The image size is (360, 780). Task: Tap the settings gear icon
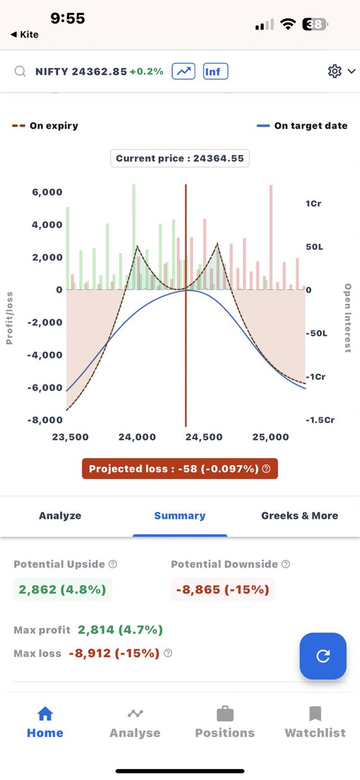[x=335, y=71]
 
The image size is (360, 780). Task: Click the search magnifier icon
[x=20, y=71]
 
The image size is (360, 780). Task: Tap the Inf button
[x=216, y=71]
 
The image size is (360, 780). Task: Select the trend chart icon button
[x=183, y=71]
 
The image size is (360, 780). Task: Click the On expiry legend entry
[x=45, y=125]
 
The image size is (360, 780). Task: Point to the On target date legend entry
[x=302, y=125]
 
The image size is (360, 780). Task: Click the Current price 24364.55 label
[x=179, y=159]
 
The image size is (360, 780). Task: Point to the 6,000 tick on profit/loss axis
[x=47, y=192]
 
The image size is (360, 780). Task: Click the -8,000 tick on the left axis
[x=45, y=420]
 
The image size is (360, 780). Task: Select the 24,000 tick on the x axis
[x=137, y=437]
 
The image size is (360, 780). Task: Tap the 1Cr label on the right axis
[x=313, y=203]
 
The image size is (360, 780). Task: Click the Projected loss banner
[x=179, y=469]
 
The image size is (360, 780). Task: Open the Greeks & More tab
[x=300, y=515]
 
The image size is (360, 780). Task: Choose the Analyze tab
[x=60, y=515]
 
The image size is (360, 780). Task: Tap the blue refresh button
[x=323, y=656]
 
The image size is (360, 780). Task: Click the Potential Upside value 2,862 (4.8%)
[x=62, y=590]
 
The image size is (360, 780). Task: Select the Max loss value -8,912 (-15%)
[x=114, y=653]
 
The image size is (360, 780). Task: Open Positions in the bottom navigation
[x=225, y=722]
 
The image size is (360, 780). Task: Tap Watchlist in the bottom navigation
[x=315, y=722]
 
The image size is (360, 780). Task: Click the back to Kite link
[x=25, y=34]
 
